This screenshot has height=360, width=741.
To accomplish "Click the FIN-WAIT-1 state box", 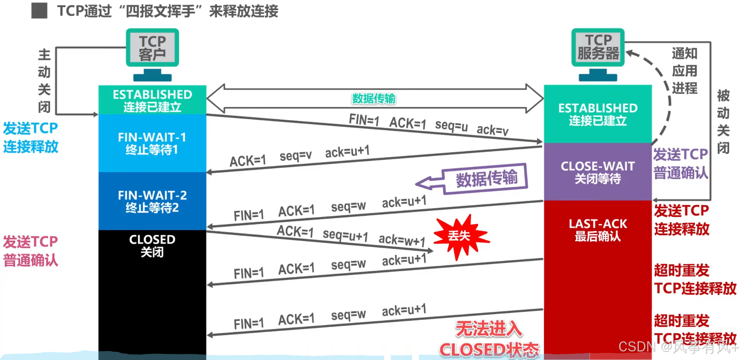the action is point(152,143).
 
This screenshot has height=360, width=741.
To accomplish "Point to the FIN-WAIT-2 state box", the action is point(152,201).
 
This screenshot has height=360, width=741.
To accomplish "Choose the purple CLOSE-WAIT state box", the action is point(597,172).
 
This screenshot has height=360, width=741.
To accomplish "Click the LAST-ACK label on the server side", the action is point(597,224).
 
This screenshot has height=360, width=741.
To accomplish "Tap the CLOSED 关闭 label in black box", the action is point(152,245).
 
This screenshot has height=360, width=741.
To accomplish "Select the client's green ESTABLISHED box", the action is point(152,100).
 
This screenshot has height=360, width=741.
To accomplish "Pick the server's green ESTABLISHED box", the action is point(597,114).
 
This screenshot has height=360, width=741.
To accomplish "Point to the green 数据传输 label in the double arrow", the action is point(374,99).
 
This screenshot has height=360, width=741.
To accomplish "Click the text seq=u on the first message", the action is point(451,126).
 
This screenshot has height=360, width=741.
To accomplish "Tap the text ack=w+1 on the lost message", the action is point(402,240).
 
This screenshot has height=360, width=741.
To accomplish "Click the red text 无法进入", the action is point(488,329).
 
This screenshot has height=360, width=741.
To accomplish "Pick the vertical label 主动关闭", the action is point(44,81).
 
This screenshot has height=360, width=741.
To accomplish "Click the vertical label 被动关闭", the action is point(723,122).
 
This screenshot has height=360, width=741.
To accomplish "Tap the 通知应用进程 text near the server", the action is point(685,71).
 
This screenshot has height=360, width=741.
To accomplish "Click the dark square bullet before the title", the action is point(39,11).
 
